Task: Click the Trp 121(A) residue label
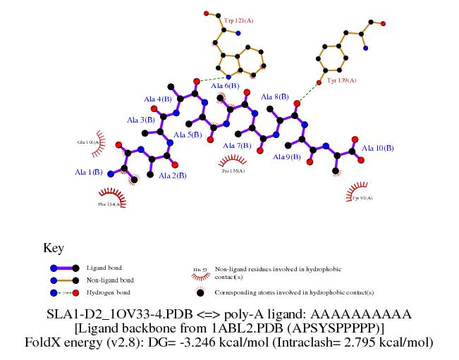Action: pyautogui.click(x=238, y=21)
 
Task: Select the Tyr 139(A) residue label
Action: pyautogui.click(x=342, y=81)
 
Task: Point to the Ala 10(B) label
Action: pyautogui.click(x=377, y=148)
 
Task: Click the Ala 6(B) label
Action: pyautogui.click(x=225, y=86)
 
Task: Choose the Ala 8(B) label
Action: pyautogui.click(x=275, y=97)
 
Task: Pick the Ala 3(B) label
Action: pyautogui.click(x=141, y=120)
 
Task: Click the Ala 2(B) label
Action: pyautogui.click(x=172, y=175)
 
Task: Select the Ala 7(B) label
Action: pyautogui.click(x=237, y=146)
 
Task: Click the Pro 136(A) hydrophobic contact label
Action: pyautogui.click(x=233, y=170)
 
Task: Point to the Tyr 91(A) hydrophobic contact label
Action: pyautogui.click(x=361, y=198)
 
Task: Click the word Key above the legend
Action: pyautogui.click(x=54, y=248)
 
